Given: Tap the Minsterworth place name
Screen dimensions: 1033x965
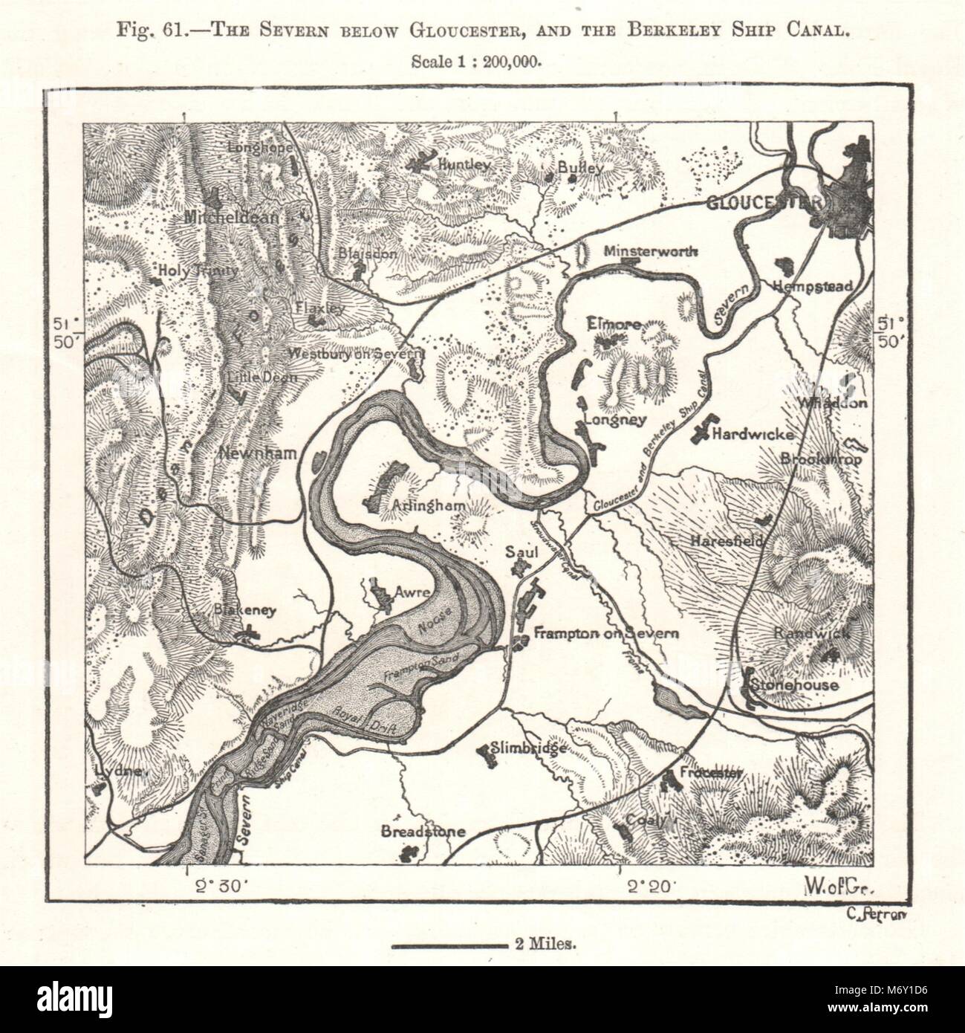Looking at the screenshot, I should pyautogui.click(x=651, y=251).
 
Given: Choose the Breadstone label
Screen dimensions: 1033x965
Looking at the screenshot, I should pyautogui.click(x=423, y=832).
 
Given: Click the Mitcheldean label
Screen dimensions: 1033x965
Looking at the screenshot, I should pyautogui.click(x=232, y=218).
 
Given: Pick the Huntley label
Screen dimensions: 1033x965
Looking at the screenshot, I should pyautogui.click(x=465, y=164).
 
